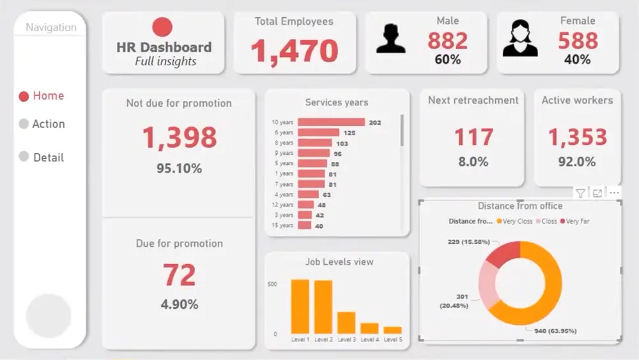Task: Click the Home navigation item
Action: [x=42, y=96]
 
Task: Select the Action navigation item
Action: [x=42, y=124]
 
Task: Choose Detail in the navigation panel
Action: [x=42, y=157]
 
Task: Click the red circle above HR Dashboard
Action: [x=163, y=27]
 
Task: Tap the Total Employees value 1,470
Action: [x=294, y=51]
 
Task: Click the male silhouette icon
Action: [x=391, y=38]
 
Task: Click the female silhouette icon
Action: [x=520, y=38]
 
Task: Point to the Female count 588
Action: [x=578, y=41]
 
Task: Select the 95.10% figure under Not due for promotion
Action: [x=180, y=169]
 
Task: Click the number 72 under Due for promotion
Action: [x=180, y=275]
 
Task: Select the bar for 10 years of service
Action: [x=331, y=122]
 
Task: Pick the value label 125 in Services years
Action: [x=350, y=132]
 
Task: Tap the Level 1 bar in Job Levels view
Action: [x=300, y=306]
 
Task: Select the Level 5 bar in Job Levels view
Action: [x=392, y=330]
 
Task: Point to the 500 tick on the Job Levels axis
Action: [x=272, y=284]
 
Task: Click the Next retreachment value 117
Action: [x=473, y=137]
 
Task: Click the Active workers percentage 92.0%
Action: [x=577, y=162]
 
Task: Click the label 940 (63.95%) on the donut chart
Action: [x=551, y=331]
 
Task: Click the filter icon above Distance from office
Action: [x=580, y=193]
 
